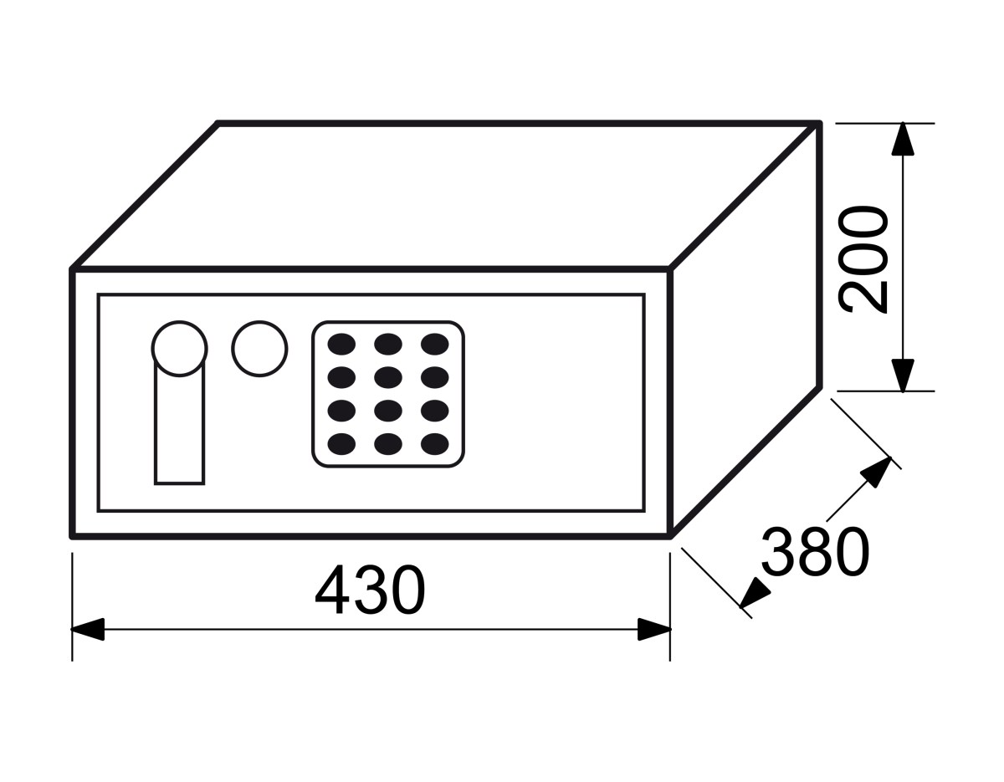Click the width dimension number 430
point(370,590)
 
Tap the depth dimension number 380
point(815,552)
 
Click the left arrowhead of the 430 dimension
point(88,629)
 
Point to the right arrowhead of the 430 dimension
point(654,629)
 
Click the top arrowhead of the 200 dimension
point(903,139)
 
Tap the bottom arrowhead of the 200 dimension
point(903,376)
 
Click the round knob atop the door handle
point(179,349)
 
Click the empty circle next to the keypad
point(259,349)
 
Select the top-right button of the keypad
point(435,344)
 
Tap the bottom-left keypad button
point(341,444)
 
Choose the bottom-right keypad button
point(435,444)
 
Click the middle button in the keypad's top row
point(388,344)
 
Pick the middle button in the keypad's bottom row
point(388,444)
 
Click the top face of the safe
point(446,196)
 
